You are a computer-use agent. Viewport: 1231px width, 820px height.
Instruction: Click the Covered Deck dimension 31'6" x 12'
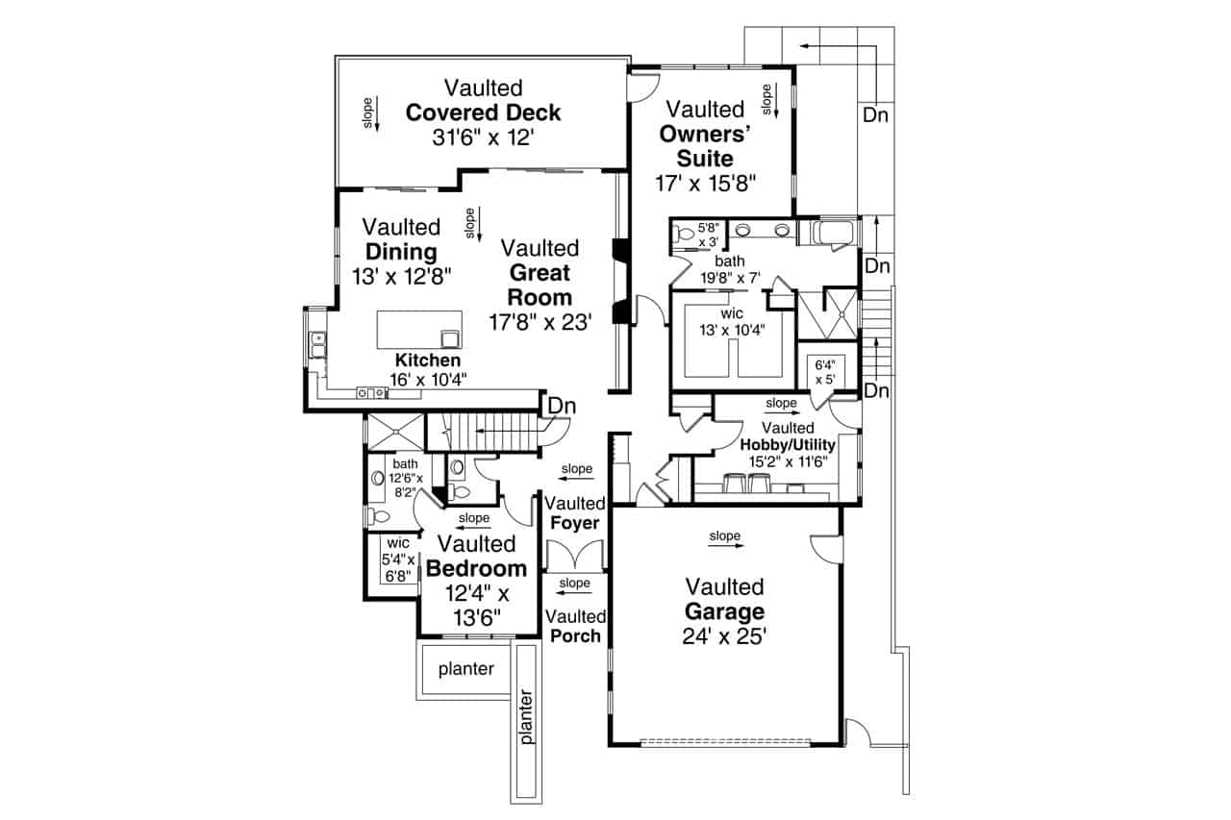[x=483, y=137]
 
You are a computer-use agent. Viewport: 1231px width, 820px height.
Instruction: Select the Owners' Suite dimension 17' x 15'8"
[x=707, y=183]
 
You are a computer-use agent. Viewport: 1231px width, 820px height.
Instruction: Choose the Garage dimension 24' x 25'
[x=724, y=635]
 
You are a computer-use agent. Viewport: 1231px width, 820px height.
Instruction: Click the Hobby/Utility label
[x=788, y=445]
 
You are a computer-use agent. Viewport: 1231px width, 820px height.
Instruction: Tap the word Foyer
[x=575, y=523]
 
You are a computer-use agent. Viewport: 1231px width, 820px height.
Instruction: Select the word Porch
[x=575, y=635]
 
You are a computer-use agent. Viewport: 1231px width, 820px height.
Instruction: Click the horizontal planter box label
[x=465, y=669]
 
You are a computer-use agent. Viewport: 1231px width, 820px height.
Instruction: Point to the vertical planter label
[x=526, y=715]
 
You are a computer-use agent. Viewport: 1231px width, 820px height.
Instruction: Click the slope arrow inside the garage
[x=726, y=543]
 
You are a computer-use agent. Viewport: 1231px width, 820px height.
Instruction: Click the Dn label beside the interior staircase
[x=562, y=407]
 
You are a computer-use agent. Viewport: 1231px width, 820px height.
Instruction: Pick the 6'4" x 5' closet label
[x=824, y=371]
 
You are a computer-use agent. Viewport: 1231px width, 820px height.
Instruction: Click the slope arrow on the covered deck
[x=375, y=112]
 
